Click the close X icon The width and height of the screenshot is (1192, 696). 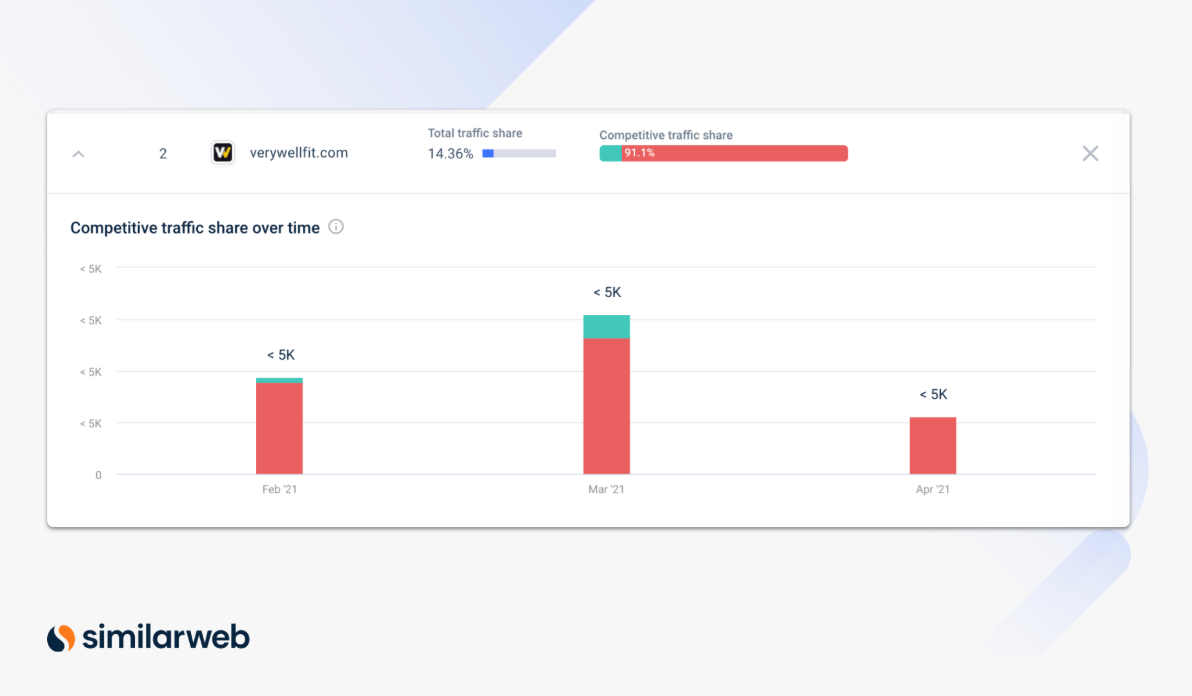pos(1090,154)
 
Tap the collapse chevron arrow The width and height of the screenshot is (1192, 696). pos(78,154)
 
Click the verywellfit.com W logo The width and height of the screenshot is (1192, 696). pos(223,152)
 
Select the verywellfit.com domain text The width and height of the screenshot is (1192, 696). pos(299,153)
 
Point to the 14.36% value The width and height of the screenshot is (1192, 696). pos(450,154)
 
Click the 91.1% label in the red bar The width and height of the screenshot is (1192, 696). pos(639,153)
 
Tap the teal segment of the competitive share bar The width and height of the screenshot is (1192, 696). pos(610,153)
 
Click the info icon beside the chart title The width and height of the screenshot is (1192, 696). pos(336,227)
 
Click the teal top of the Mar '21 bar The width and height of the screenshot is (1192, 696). pos(606,327)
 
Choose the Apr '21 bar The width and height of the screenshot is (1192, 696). pos(933,445)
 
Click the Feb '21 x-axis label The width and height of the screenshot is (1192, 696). pos(279,489)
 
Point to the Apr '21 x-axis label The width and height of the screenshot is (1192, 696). pos(933,489)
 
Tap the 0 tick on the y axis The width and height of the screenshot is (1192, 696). pos(98,475)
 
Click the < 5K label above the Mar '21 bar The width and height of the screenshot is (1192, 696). pos(607,292)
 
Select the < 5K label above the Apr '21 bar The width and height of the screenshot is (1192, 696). pos(933,394)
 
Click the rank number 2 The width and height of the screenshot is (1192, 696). pos(163,154)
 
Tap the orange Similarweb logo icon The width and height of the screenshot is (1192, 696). pos(61,638)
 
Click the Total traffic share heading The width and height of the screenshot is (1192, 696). pos(475,133)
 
